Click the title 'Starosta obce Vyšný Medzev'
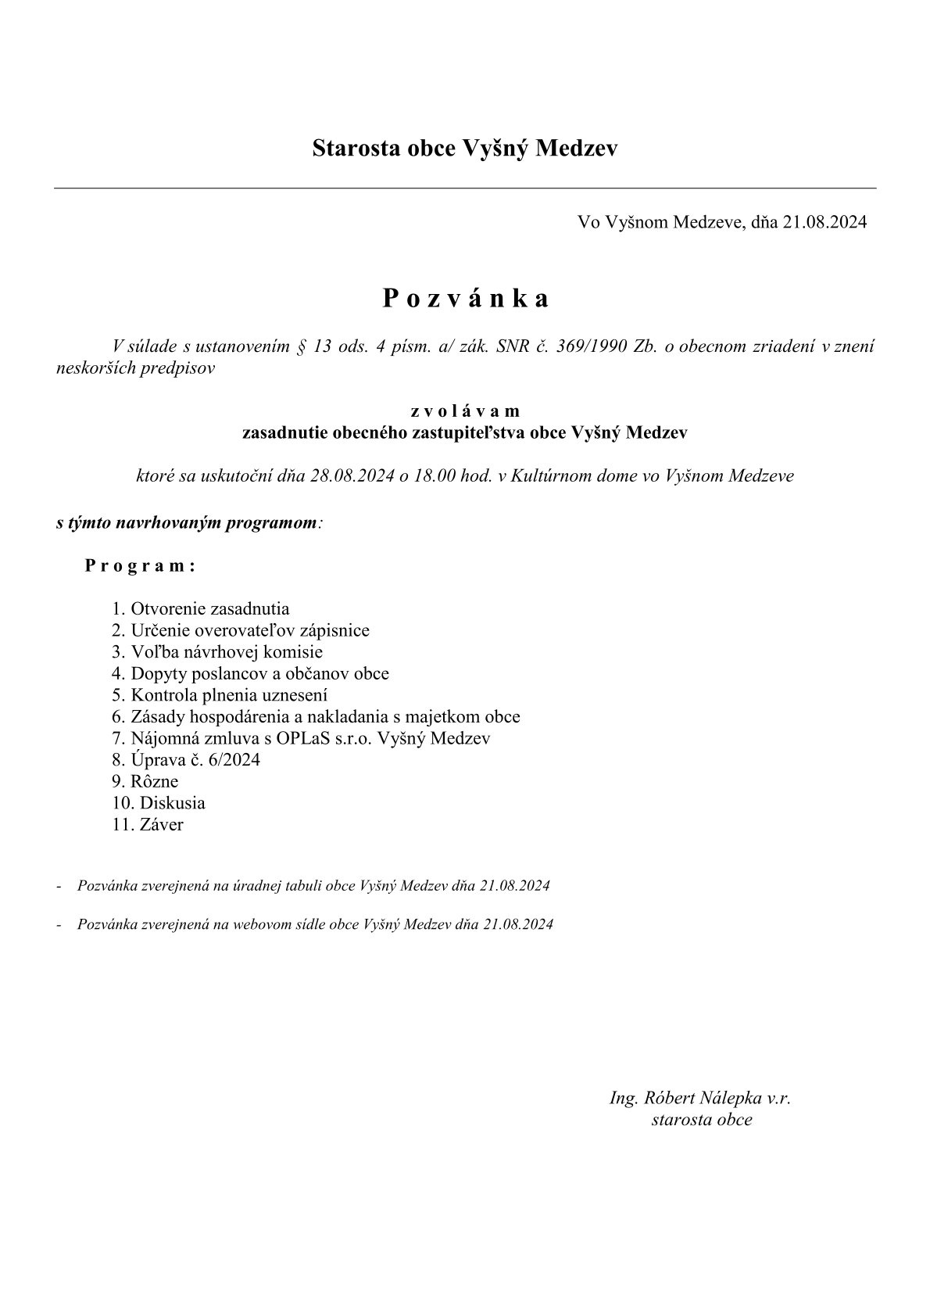click(x=464, y=148)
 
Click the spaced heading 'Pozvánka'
click(x=466, y=299)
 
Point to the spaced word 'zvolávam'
click(x=465, y=411)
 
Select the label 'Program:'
click(x=140, y=566)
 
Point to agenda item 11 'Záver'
click(x=161, y=824)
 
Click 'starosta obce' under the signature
click(x=701, y=1120)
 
